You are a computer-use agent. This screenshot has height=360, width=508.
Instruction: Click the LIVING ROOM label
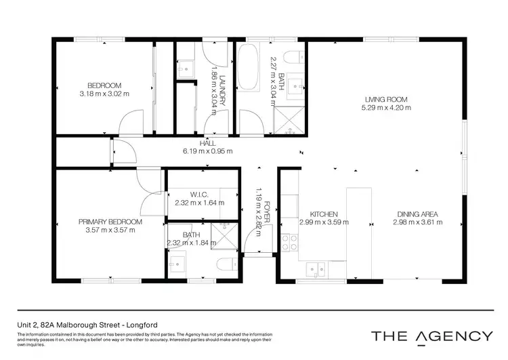point(387,99)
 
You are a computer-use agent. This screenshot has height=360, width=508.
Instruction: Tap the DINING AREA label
point(416,214)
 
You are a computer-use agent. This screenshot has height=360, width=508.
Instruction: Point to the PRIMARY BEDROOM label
point(110,222)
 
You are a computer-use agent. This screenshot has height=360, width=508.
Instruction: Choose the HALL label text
point(207,143)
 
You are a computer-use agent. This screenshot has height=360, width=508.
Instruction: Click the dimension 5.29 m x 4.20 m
point(387,107)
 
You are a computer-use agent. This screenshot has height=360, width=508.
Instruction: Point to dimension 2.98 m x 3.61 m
point(416,222)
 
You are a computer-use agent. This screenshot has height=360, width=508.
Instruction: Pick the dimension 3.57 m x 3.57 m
point(110,229)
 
